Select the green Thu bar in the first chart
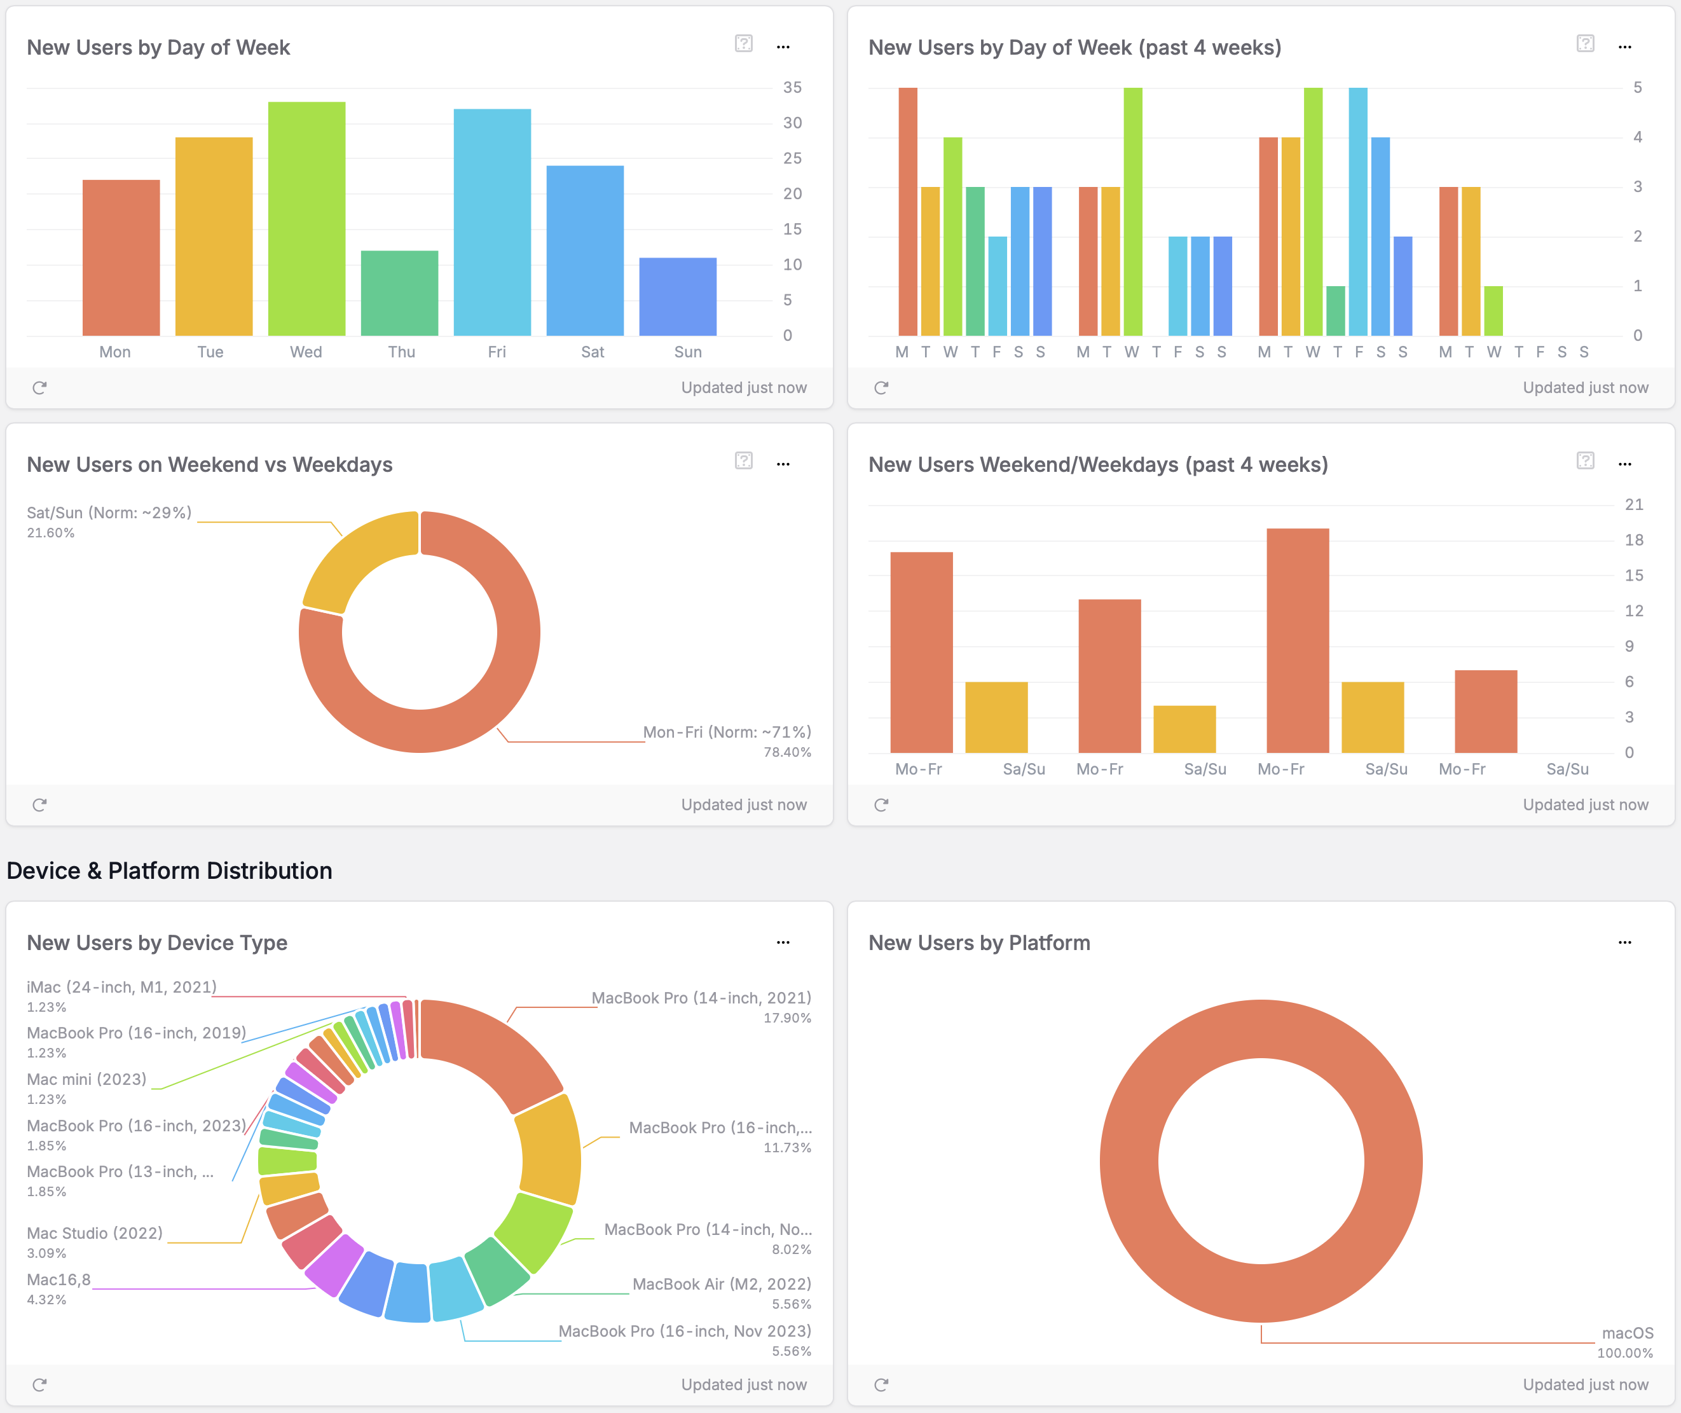click(x=400, y=293)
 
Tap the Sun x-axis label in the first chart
click(x=688, y=352)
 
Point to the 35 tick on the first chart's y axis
click(x=792, y=87)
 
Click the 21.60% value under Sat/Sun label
click(x=50, y=534)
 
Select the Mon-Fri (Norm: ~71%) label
click(x=727, y=732)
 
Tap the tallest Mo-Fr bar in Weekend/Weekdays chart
click(x=1298, y=641)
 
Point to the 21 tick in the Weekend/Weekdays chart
click(x=1634, y=505)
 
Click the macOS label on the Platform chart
click(x=1628, y=1333)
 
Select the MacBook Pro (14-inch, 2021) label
click(x=701, y=998)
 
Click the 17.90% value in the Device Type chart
click(x=787, y=1018)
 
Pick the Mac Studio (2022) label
click(x=95, y=1234)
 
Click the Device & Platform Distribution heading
click(x=169, y=871)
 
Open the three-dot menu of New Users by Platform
click(x=1624, y=943)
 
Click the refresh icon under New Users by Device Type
click(x=39, y=1385)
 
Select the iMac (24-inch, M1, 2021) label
click(x=121, y=988)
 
